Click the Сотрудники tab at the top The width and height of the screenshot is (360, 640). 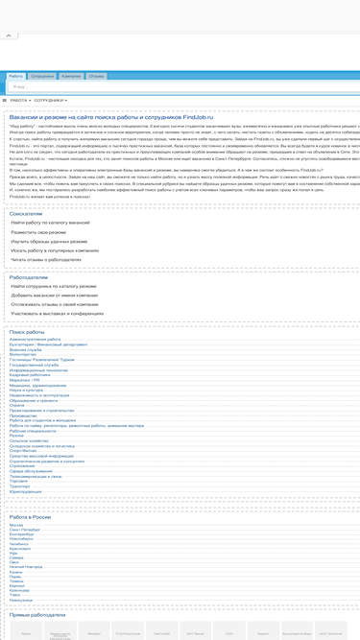point(42,76)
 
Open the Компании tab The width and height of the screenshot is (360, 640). point(71,76)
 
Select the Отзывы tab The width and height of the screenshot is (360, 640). point(96,76)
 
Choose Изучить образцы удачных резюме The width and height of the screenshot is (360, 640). point(49,242)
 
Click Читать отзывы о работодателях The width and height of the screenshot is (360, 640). point(46,259)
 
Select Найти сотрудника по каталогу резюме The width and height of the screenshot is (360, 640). point(54,286)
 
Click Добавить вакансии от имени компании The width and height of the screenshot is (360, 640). point(55,296)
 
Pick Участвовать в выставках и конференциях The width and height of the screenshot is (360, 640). point(57,313)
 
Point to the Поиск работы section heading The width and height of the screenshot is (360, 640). point(27,332)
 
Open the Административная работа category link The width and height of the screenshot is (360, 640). point(35,339)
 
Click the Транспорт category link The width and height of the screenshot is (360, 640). point(20,486)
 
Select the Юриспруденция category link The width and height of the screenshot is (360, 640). point(26,491)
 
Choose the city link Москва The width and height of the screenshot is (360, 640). point(16,525)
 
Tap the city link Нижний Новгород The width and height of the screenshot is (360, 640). point(26,566)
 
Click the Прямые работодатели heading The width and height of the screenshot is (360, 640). point(37,615)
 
